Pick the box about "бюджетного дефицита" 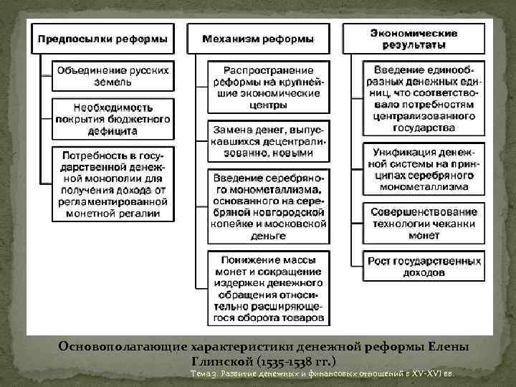click(113, 118)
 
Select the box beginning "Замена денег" click(267, 143)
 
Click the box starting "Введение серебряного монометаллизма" click(267, 206)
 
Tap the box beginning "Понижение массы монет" click(267, 287)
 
